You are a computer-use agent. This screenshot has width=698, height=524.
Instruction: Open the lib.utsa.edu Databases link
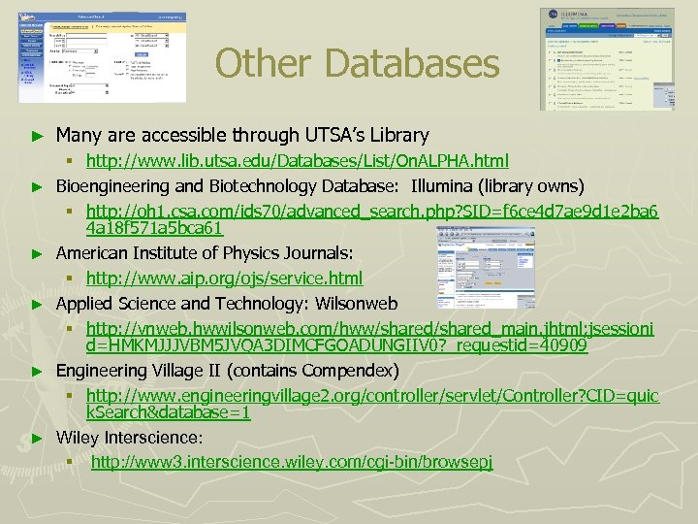pos(297,160)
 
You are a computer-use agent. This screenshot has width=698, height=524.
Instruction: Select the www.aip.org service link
pos(224,278)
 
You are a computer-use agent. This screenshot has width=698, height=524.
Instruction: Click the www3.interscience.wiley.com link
pos(292,461)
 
